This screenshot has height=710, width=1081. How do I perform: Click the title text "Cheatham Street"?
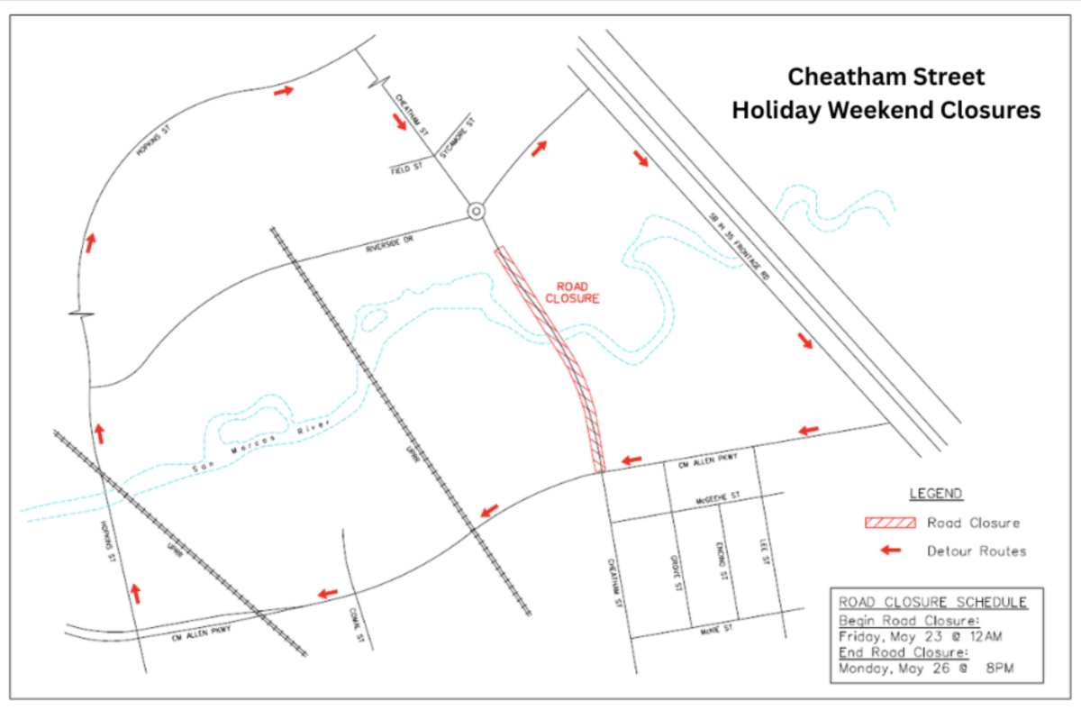[x=886, y=77]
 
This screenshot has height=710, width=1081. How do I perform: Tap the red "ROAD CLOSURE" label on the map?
[x=572, y=293]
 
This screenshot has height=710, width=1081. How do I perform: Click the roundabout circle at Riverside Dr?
[x=476, y=211]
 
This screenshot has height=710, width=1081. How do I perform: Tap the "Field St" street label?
[x=406, y=168]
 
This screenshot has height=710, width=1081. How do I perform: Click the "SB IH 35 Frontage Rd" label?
[x=739, y=247]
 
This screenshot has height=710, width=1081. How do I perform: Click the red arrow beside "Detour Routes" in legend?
[x=891, y=550]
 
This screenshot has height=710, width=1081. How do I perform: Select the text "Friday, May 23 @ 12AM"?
[x=920, y=637]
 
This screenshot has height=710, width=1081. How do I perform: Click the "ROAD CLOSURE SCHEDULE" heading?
[x=931, y=603]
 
